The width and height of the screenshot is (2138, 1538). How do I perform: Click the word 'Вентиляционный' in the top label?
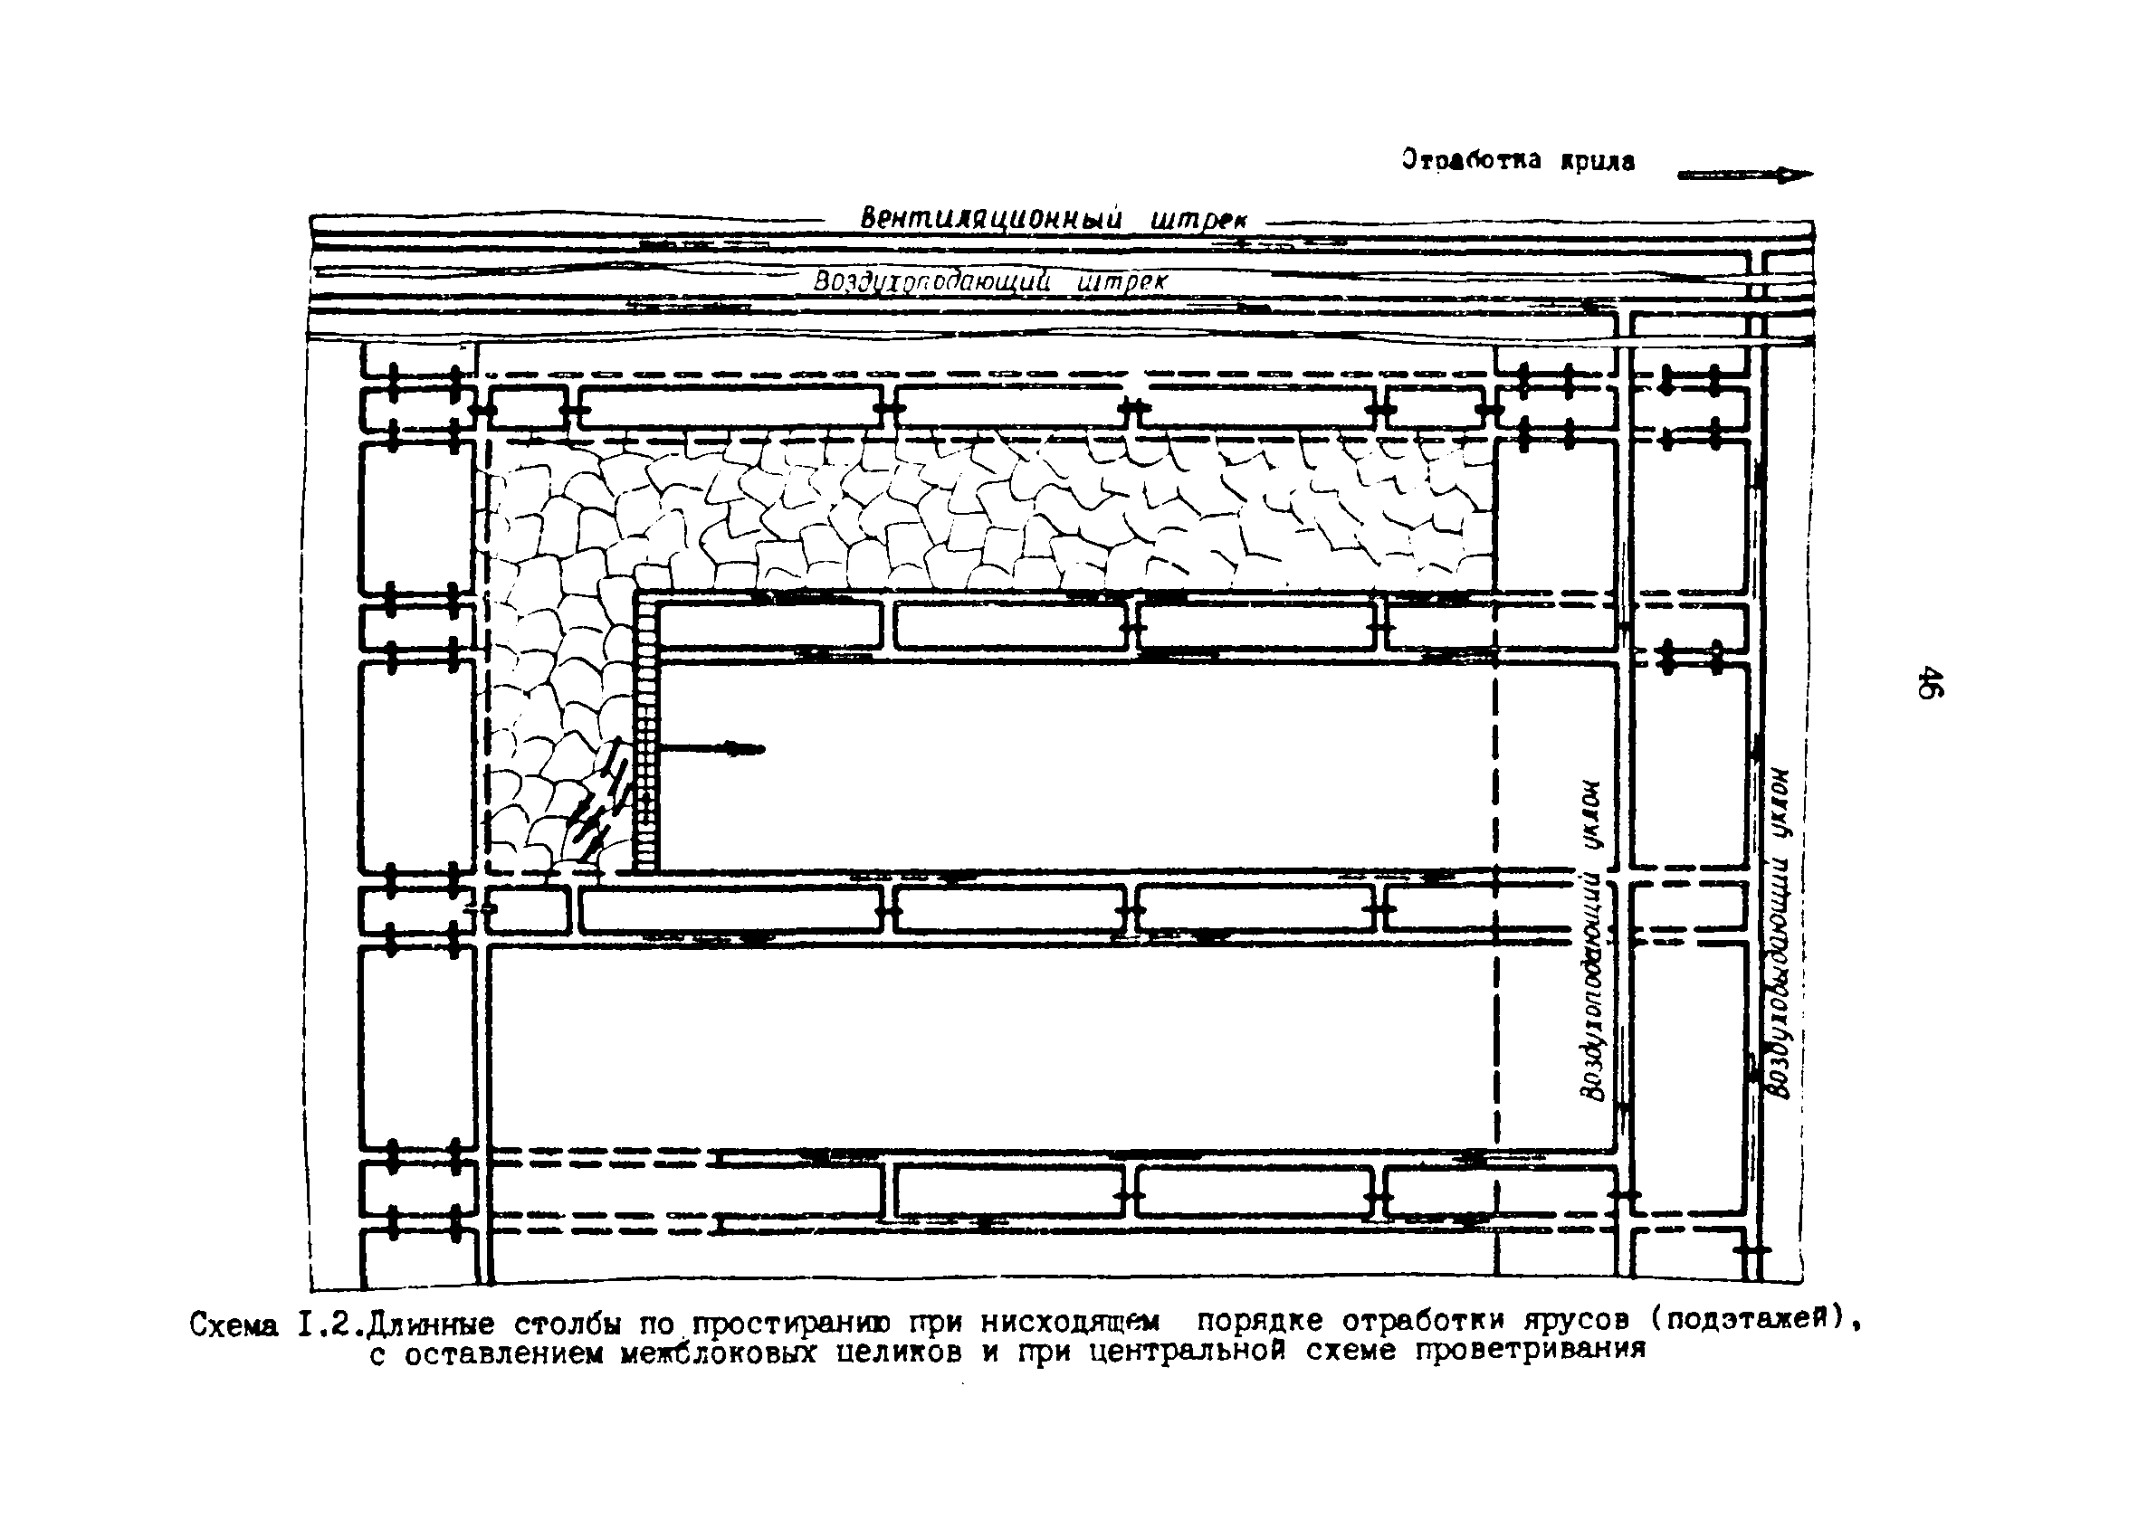(x=990, y=219)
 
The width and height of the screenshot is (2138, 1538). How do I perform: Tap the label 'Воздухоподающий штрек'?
(x=990, y=280)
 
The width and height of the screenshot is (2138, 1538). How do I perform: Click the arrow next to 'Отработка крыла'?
(x=1744, y=175)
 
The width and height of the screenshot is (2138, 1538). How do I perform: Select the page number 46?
(x=1929, y=682)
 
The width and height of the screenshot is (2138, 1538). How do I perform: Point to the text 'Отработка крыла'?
(x=1518, y=160)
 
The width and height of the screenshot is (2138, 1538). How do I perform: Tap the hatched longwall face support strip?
(x=644, y=735)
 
